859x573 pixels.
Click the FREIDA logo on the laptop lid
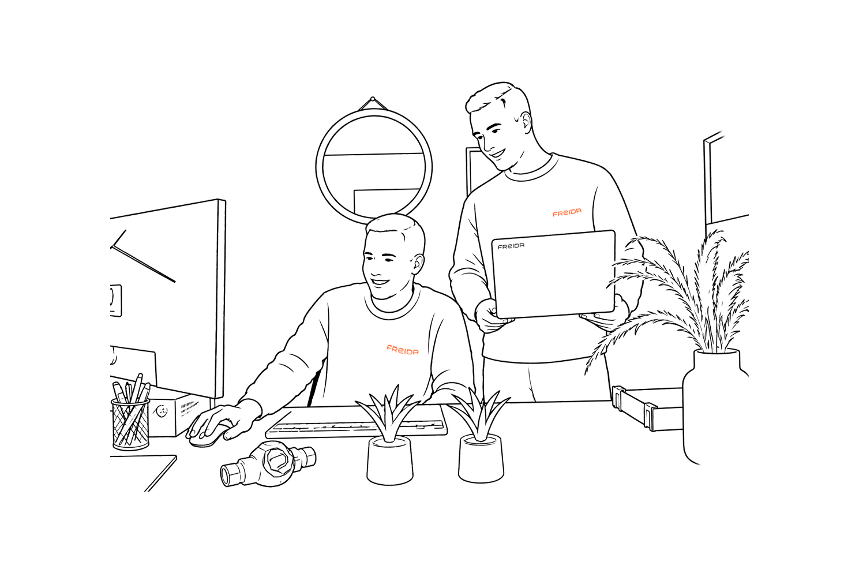[511, 246]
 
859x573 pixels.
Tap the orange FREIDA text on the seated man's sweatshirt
[402, 350]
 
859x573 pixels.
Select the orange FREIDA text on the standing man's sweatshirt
[567, 212]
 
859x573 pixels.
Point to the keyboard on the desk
[357, 421]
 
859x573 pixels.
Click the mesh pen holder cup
[130, 424]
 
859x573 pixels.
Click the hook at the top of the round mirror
[372, 99]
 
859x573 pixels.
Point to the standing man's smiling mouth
[498, 153]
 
